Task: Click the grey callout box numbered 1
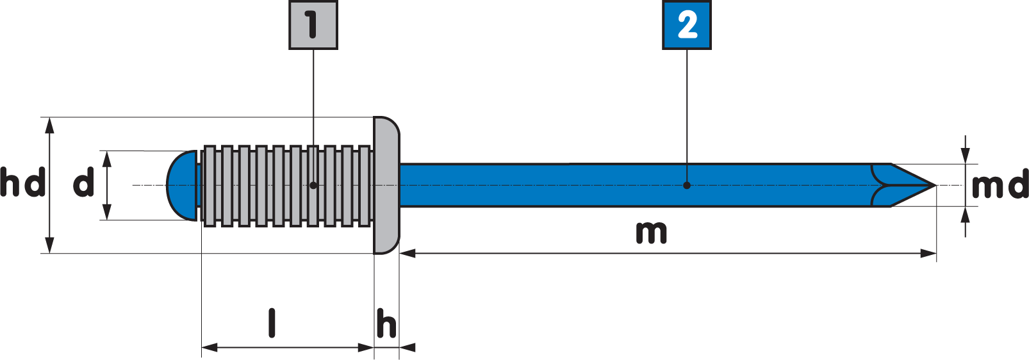pyautogui.click(x=313, y=25)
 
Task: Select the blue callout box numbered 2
pyautogui.click(x=687, y=25)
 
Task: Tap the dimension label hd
pyautogui.click(x=22, y=183)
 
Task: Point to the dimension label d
pyautogui.click(x=84, y=184)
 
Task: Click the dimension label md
pyautogui.click(x=998, y=186)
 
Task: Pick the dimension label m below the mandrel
pyautogui.click(x=651, y=233)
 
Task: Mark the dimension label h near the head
pyautogui.click(x=386, y=323)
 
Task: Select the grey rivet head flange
pyautogui.click(x=386, y=185)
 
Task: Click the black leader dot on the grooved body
pyautogui.click(x=313, y=185)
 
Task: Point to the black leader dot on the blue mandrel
pyautogui.click(x=687, y=185)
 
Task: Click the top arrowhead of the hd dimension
pyautogui.click(x=50, y=125)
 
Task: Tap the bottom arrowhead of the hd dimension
pyautogui.click(x=50, y=246)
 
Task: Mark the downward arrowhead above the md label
pyautogui.click(x=966, y=156)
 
